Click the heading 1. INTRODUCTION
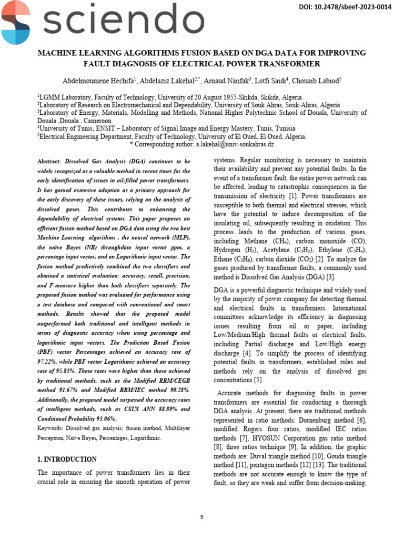pos(67,459)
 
